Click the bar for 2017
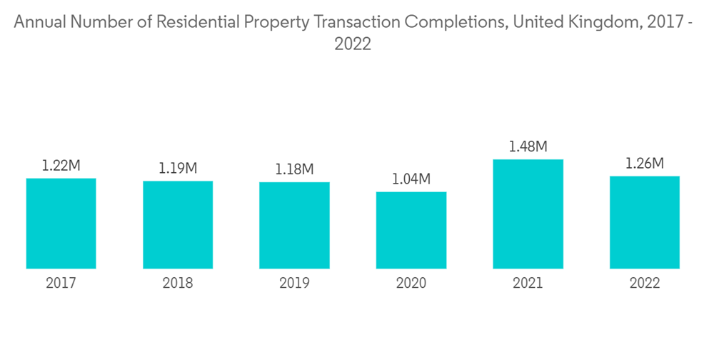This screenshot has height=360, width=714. [x=61, y=223]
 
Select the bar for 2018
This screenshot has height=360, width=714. [x=178, y=224]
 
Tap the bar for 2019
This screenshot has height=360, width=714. [x=294, y=225]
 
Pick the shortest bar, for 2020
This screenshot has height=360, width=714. [x=411, y=230]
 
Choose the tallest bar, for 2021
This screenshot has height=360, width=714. [x=528, y=214]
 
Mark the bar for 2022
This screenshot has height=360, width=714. [x=644, y=222]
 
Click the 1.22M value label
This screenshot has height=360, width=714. [x=61, y=166]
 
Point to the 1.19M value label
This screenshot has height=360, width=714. [x=178, y=169]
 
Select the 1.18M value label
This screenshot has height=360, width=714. [x=294, y=170]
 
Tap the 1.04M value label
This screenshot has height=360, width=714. [x=411, y=179]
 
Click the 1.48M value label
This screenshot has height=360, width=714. [x=528, y=147]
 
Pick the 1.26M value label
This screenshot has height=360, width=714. [x=644, y=164]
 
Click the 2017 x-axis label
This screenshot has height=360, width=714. [x=61, y=284]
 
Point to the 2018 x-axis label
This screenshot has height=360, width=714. [x=178, y=284]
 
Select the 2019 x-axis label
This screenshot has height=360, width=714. [x=294, y=284]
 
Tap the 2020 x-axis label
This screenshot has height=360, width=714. [x=411, y=284]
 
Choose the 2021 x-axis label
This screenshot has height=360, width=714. [x=528, y=284]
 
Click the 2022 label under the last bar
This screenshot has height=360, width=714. [x=644, y=284]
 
